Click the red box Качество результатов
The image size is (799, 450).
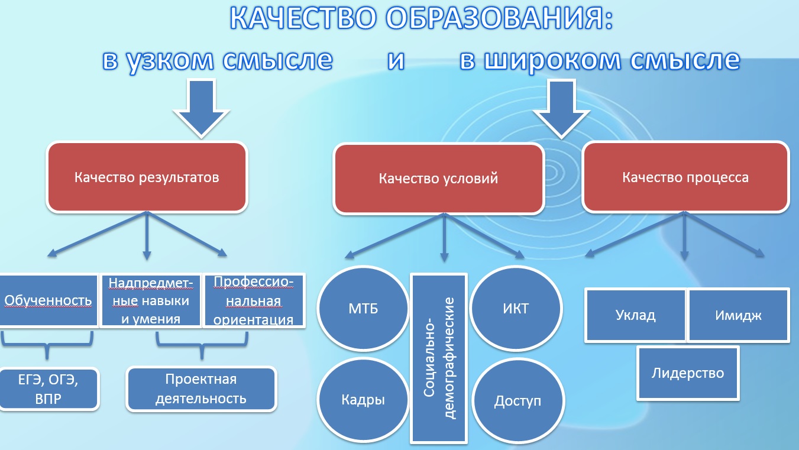click(147, 177)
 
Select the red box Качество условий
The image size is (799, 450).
click(438, 179)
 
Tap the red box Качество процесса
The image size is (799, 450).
click(685, 177)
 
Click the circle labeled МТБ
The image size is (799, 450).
click(364, 309)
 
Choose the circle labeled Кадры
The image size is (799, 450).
click(363, 399)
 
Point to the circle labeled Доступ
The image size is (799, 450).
click(517, 401)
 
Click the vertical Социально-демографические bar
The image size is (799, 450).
click(438, 357)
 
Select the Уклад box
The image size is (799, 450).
click(636, 315)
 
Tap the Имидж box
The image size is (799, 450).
click(738, 315)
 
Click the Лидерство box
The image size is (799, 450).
click(688, 373)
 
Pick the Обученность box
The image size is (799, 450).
click(48, 300)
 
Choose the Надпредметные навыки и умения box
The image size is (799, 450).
click(150, 301)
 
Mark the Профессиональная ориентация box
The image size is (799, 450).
click(253, 301)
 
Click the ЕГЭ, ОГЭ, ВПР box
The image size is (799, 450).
click(48, 389)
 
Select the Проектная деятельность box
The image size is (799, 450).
click(201, 389)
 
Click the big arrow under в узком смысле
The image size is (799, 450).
click(202, 106)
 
